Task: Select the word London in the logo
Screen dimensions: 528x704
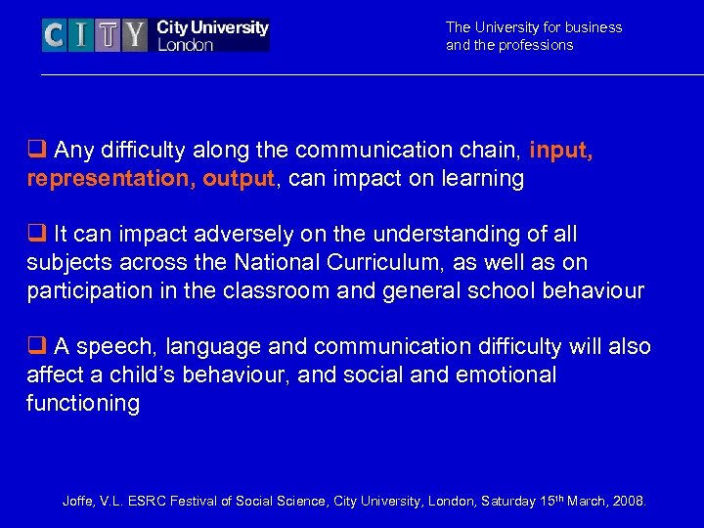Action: tap(185, 45)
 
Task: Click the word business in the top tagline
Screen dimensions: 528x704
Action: tap(593, 27)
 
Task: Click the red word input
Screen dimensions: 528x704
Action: tap(560, 151)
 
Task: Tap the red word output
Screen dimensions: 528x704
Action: tap(238, 179)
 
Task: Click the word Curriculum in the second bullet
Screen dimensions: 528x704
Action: tap(401, 263)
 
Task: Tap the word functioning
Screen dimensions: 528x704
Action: tap(83, 403)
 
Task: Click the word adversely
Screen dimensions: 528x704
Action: tap(261, 235)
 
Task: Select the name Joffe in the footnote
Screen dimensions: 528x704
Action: tap(79, 502)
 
